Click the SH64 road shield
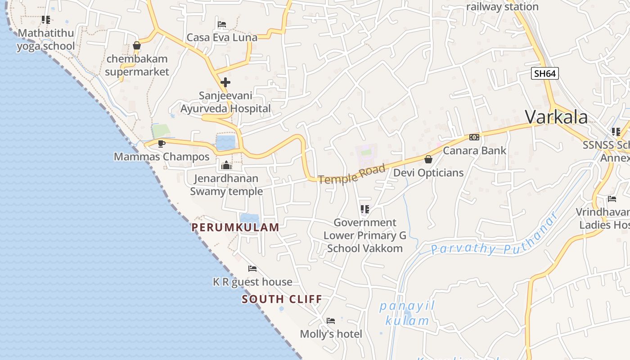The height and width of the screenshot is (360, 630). pos(544,73)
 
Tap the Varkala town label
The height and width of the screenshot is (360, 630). pos(556,117)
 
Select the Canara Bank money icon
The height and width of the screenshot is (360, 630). pos(474,137)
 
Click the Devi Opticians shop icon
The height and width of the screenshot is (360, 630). pos(428,159)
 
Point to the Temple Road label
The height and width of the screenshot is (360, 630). pos(352,174)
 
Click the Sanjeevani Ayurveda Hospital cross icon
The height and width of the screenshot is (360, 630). pos(225,82)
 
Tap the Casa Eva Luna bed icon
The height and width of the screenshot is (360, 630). pos(222,24)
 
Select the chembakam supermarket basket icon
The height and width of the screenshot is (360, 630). pos(137,45)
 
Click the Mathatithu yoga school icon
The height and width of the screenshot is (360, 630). pos(46,20)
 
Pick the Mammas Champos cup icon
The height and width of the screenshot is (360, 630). pos(162,144)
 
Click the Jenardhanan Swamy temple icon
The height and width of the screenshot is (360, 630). pos(226,165)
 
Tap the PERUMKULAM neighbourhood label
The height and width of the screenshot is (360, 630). pos(235,227)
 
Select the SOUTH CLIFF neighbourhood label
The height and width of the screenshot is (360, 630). pos(282,299)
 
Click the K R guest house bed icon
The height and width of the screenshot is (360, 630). pos(252,269)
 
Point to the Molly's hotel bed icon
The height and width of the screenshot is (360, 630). pos(331,321)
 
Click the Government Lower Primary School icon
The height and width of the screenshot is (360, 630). pos(365,209)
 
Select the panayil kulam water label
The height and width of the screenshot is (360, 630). pos(407,313)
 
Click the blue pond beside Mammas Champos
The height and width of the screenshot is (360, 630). pos(225,142)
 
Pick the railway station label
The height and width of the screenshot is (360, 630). pos(502,7)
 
